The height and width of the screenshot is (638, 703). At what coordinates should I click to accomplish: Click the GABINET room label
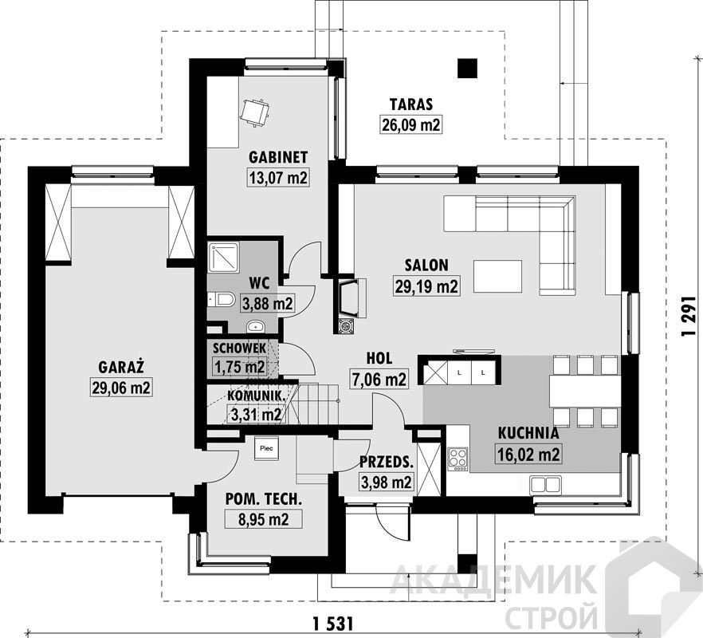coord(278,157)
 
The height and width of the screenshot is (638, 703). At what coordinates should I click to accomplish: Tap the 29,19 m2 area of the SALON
coord(426,286)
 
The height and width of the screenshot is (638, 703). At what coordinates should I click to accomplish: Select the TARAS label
coord(411,104)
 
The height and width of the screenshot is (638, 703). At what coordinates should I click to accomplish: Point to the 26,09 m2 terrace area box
coord(411,124)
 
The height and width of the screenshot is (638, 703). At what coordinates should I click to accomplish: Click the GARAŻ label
coord(121,367)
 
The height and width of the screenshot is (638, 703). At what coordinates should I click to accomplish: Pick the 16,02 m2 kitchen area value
coord(528,454)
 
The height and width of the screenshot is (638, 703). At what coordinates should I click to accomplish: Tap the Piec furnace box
coord(267,448)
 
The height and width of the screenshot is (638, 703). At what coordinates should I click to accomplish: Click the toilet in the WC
coord(221,299)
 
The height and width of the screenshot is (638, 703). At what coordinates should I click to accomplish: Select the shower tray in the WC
coord(224,258)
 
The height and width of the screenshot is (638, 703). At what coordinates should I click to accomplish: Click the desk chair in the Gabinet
coord(255,112)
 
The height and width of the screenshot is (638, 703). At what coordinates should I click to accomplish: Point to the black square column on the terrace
coord(467,69)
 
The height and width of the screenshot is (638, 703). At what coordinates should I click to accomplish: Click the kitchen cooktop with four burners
coord(458,459)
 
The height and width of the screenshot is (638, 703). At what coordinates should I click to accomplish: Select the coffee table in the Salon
coord(497,277)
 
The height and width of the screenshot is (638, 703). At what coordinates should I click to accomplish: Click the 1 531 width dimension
coord(332,623)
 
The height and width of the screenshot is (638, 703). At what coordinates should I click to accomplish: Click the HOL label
coord(379,358)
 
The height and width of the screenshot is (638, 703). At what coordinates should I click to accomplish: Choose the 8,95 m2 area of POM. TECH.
coord(264,519)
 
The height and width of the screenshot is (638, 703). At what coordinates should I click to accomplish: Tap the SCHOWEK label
coord(239,348)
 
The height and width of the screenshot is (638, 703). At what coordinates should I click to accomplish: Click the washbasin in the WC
coord(256,326)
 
